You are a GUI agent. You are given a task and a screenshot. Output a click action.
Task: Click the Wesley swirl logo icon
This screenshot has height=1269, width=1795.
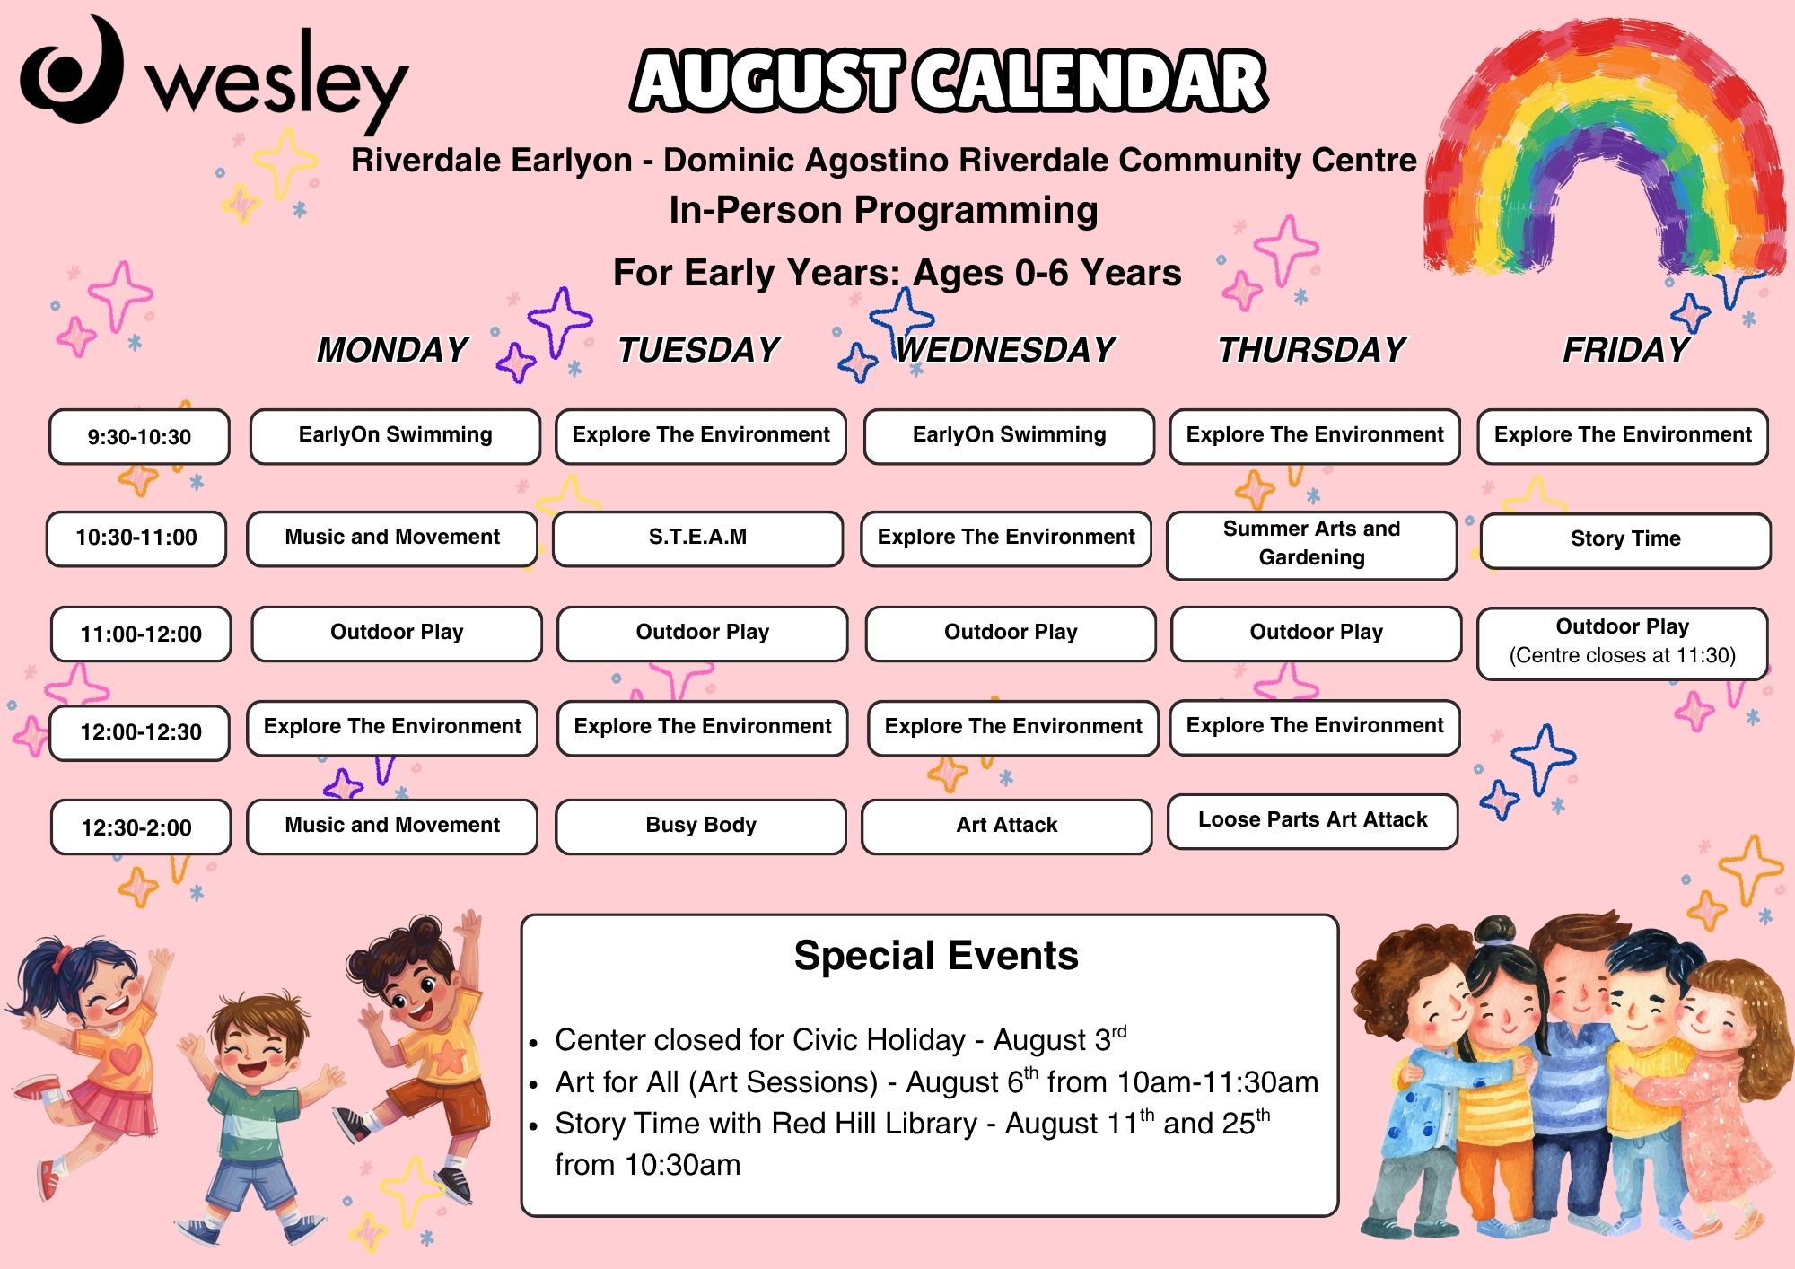click(x=72, y=70)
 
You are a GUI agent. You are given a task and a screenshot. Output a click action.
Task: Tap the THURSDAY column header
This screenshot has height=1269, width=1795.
click(x=1311, y=350)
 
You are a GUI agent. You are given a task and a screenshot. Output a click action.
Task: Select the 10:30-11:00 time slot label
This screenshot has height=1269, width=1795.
click(x=136, y=538)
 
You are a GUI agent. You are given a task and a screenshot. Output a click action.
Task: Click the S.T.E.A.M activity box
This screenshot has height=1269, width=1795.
click(x=698, y=538)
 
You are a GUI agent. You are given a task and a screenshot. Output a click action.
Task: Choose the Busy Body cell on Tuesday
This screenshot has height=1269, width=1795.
click(x=701, y=826)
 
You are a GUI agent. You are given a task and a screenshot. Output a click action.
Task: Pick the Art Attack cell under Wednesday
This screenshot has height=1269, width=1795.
click(x=1007, y=826)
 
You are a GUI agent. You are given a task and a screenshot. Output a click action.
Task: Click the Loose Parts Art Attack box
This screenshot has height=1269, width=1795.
click(x=1313, y=820)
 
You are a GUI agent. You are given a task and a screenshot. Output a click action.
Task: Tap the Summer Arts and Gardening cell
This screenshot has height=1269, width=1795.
click(x=1312, y=545)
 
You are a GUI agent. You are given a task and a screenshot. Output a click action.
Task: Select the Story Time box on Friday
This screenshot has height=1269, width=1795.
click(x=1625, y=540)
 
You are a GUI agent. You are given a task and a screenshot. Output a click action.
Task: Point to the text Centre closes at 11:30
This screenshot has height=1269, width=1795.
click(x=1623, y=655)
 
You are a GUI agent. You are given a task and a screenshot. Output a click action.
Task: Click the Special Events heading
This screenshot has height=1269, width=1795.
click(x=936, y=956)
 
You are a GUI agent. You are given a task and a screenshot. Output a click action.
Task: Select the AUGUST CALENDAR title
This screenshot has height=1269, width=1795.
click(x=950, y=81)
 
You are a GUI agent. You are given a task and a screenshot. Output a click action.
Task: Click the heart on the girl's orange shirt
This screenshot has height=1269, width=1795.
click(x=127, y=1059)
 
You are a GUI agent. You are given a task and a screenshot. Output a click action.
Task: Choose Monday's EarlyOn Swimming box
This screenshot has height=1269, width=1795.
click(x=395, y=436)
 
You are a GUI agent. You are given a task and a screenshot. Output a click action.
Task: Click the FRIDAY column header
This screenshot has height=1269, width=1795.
click(x=1626, y=350)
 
